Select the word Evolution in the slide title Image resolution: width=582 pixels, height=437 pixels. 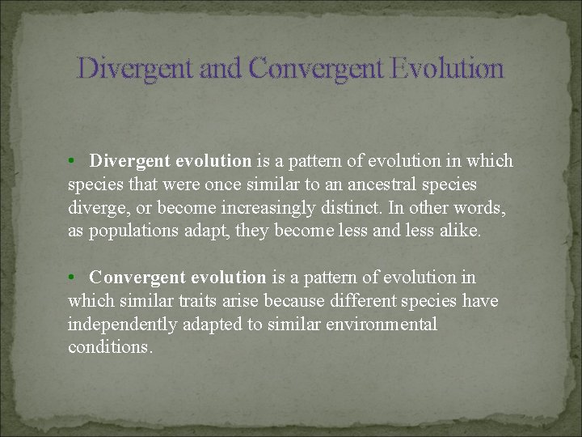(447, 68)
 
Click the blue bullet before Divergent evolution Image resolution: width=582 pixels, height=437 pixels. (72, 161)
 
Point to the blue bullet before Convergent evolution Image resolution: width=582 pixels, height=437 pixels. (72, 278)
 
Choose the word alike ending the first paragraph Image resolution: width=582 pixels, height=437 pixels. (458, 231)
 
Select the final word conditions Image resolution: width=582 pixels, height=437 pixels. (109, 349)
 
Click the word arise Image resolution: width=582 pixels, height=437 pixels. (242, 302)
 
